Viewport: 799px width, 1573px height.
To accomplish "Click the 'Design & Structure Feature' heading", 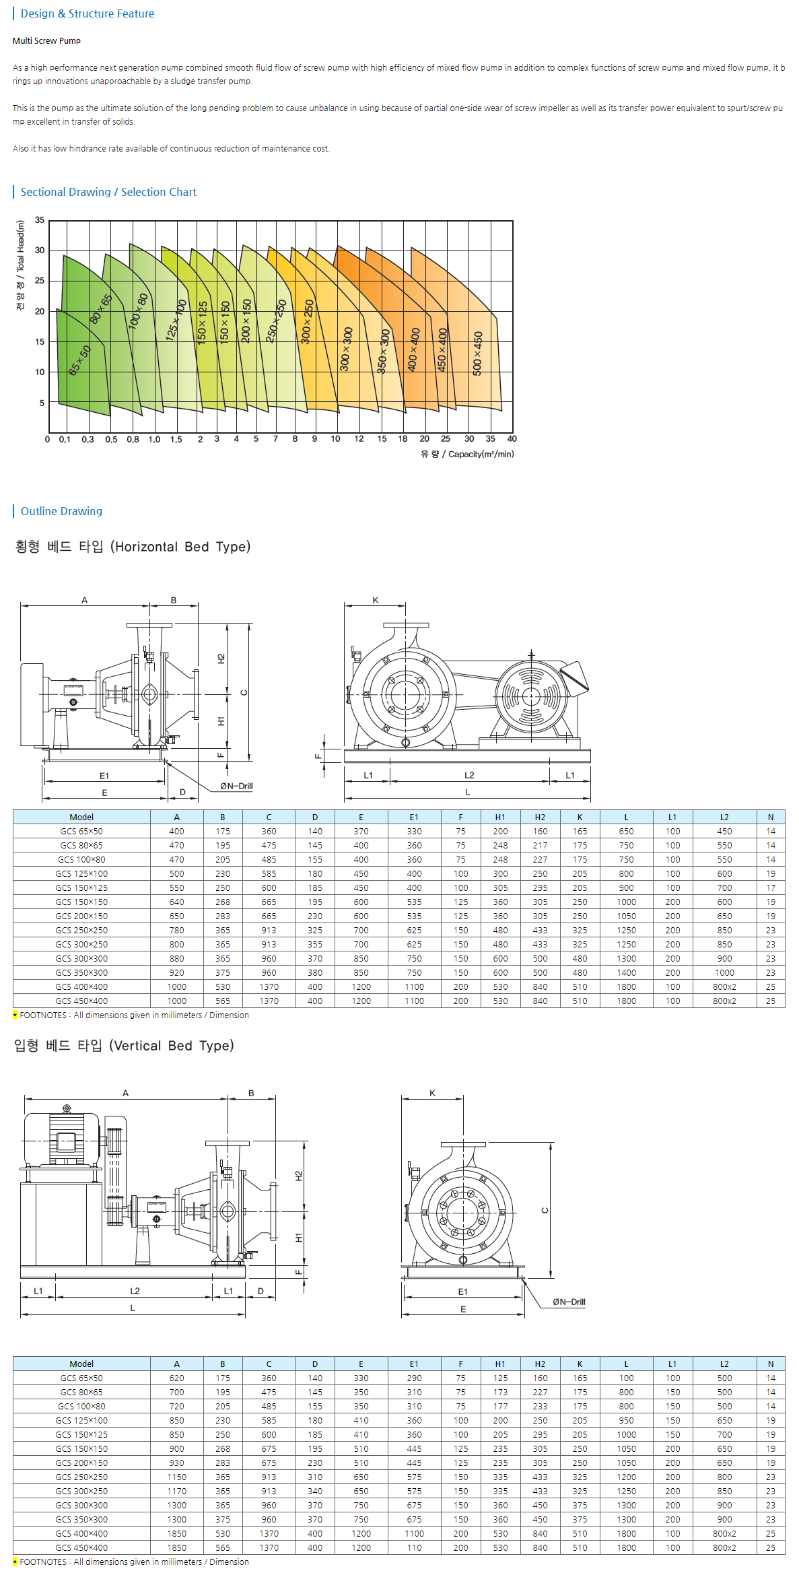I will (x=87, y=13).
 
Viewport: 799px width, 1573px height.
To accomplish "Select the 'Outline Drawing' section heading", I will (x=61, y=511).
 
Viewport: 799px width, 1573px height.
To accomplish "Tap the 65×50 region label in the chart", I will (x=79, y=360).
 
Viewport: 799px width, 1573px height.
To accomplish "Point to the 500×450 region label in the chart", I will (x=477, y=354).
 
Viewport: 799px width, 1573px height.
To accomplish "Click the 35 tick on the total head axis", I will (x=40, y=220).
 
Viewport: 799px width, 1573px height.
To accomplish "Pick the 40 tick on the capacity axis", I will (x=512, y=439).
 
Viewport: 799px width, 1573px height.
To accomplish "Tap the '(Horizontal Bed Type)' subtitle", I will (x=180, y=547).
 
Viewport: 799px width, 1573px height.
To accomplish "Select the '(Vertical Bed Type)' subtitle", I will (x=171, y=1046).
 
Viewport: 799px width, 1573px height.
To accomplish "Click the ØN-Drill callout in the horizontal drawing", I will (x=236, y=786).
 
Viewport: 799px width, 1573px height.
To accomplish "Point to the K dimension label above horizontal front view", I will (x=376, y=600).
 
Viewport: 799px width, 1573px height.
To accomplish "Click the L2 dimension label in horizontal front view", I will (x=469, y=775).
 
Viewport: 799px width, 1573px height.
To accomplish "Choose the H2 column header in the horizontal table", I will (x=540, y=817).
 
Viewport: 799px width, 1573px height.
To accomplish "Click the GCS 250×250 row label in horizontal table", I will (x=81, y=930).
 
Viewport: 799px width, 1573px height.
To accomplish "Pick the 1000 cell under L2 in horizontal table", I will (x=724, y=972).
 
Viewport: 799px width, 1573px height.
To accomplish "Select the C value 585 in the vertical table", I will (x=269, y=1420).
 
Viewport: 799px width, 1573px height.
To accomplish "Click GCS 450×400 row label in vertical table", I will (x=81, y=1547).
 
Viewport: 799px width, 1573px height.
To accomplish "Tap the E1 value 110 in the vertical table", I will (x=414, y=1547).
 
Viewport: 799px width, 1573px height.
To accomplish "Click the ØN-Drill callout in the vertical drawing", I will (x=569, y=1302).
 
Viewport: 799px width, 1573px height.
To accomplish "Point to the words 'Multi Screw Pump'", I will (x=46, y=41).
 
